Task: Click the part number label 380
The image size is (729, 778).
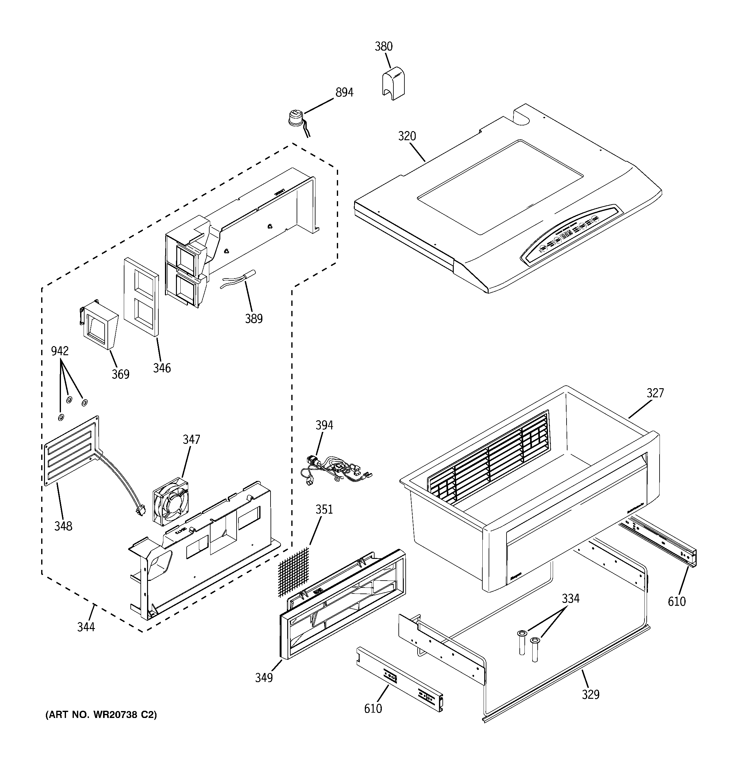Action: (383, 47)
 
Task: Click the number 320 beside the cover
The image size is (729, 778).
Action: (407, 136)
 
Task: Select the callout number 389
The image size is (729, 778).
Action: (254, 318)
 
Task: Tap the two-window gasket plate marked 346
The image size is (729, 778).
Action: (141, 296)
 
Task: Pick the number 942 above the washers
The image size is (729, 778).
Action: (60, 351)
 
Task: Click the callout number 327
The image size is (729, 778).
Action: (655, 393)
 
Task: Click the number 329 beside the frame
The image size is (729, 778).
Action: (590, 694)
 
